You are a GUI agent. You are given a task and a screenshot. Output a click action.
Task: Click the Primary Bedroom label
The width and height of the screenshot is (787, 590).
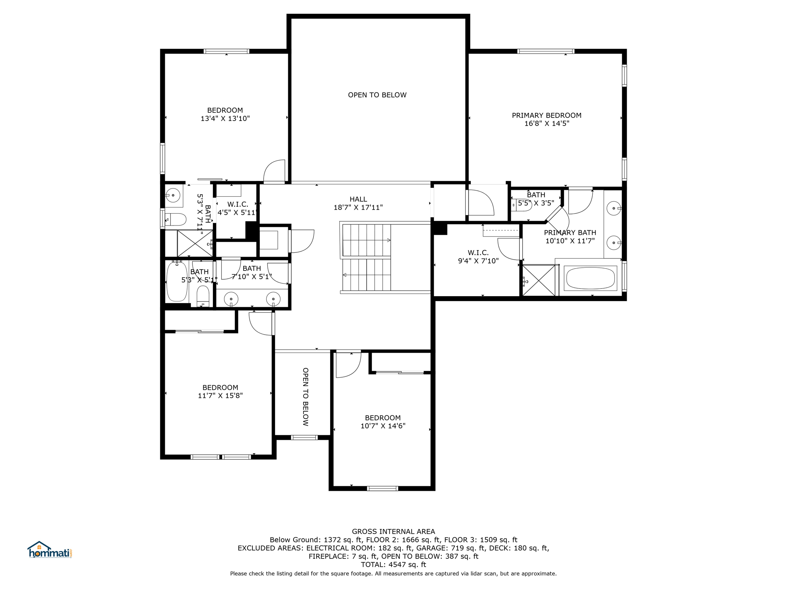[x=546, y=115]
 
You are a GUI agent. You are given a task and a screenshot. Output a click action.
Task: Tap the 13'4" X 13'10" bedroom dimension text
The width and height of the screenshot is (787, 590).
[x=225, y=119]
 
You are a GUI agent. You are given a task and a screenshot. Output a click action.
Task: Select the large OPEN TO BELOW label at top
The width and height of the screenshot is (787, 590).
[x=377, y=95]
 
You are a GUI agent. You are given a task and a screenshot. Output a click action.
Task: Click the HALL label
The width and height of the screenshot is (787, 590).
[x=358, y=199]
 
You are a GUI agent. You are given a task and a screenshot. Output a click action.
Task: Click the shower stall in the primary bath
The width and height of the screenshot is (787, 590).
[x=539, y=280]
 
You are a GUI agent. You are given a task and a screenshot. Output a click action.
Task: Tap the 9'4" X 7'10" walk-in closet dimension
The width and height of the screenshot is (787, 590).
[x=478, y=261]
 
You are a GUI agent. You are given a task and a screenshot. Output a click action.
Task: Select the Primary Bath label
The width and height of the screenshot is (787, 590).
[x=569, y=232]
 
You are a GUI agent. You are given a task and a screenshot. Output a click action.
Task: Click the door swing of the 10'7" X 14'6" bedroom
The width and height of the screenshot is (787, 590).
[x=347, y=365]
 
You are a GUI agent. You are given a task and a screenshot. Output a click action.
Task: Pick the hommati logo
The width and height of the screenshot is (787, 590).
[x=50, y=550]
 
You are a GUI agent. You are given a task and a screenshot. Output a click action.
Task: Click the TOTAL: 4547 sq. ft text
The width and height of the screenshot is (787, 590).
[x=393, y=565]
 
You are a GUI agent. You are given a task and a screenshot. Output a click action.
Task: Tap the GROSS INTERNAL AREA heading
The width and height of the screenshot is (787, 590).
[x=393, y=532]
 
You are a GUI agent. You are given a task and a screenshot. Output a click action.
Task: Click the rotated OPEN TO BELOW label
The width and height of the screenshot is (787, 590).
[x=306, y=397]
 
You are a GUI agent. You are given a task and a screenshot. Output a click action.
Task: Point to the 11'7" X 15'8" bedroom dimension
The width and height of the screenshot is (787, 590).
[x=220, y=396]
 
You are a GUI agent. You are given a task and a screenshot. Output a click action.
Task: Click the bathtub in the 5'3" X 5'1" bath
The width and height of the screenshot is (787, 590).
[x=177, y=282]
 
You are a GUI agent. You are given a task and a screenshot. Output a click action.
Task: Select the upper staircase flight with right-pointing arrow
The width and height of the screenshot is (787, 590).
[x=366, y=240]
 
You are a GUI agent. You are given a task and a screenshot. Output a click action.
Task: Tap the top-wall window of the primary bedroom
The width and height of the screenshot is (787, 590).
[x=546, y=51]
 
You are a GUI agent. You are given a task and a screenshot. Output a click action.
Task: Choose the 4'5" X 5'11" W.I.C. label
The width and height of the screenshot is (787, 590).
[x=237, y=209]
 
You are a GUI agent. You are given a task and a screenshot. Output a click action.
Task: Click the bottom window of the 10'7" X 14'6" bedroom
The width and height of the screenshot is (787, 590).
[x=382, y=488]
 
